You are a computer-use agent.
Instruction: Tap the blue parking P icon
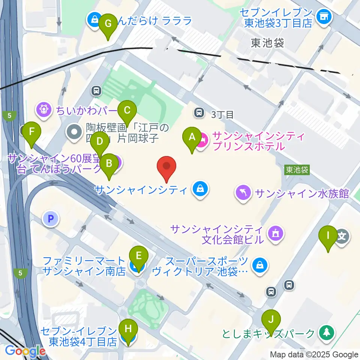(x=51, y=219)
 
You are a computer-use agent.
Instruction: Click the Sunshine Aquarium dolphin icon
(x=243, y=193)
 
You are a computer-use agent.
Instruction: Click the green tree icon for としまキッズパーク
(x=326, y=332)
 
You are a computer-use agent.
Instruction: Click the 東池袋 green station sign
(x=297, y=170)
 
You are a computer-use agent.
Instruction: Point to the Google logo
(x=25, y=351)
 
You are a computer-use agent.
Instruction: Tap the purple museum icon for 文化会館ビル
(x=275, y=234)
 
